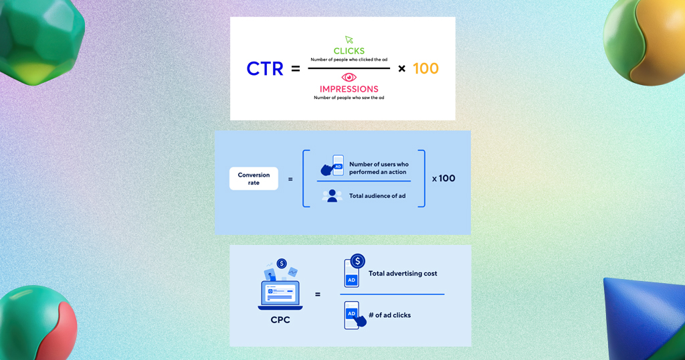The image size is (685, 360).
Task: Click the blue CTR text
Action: point(265,69)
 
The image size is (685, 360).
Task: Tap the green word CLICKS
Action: point(349,51)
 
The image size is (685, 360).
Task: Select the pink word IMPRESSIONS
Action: point(349,89)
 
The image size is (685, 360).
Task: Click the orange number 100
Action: point(425,69)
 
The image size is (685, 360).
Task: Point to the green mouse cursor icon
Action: point(349,39)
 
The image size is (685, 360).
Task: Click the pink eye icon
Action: point(349,78)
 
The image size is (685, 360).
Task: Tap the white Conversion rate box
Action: point(254,179)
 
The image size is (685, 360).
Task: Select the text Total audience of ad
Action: point(377,196)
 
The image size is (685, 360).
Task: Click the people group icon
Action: point(332,196)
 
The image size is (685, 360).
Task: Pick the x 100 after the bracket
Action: point(444,178)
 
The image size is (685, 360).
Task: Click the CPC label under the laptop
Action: point(280,320)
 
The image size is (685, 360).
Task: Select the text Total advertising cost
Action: point(403,274)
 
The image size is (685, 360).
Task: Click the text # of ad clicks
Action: point(390,315)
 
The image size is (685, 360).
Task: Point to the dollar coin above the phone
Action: point(358,261)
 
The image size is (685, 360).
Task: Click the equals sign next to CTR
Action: point(296,69)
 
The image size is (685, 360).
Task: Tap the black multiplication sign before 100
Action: point(402,69)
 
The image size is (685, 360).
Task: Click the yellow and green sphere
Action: point(644,41)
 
